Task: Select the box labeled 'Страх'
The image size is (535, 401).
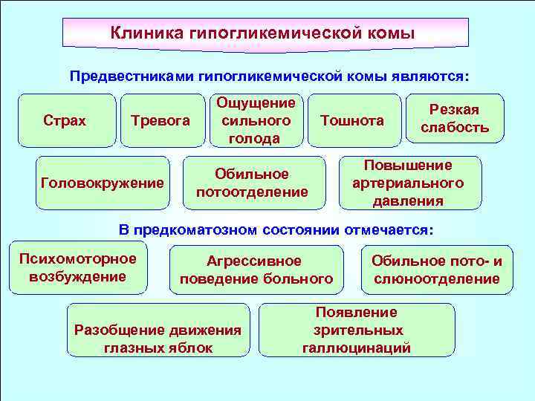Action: [65, 120]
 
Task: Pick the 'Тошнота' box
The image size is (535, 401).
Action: [352, 120]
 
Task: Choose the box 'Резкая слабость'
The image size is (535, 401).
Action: [455, 119]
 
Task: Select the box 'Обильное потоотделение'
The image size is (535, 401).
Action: [252, 183]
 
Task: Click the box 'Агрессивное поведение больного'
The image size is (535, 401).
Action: [256, 270]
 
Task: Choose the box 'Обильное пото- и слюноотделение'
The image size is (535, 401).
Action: [437, 270]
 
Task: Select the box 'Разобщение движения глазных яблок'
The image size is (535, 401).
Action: [158, 339]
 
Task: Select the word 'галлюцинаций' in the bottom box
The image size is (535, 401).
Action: [357, 348]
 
